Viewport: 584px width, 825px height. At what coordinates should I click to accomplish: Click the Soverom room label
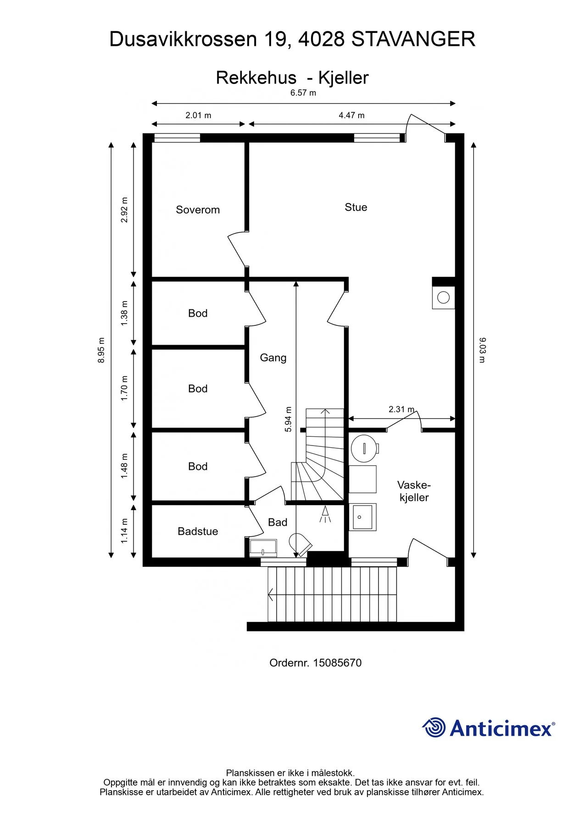click(198, 210)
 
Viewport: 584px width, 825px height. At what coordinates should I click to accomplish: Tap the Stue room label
click(356, 207)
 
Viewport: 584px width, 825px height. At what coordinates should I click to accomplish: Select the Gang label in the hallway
click(273, 358)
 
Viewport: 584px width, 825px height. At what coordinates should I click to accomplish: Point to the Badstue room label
click(198, 531)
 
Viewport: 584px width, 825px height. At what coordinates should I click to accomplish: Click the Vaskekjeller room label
click(414, 491)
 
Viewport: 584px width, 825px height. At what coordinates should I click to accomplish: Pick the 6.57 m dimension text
click(303, 93)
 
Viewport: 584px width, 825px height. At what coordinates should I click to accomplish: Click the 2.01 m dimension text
click(198, 115)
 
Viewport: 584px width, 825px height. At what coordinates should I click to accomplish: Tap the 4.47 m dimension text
click(351, 115)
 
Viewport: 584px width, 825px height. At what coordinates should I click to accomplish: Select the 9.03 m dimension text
click(482, 350)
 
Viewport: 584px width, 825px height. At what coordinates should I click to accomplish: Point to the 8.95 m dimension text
click(101, 350)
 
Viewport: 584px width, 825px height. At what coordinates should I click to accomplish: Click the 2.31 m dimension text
click(401, 409)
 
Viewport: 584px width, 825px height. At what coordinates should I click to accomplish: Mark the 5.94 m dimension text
click(288, 419)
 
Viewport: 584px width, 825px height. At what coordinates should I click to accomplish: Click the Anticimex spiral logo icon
click(434, 727)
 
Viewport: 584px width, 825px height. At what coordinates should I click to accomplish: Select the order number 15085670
click(337, 663)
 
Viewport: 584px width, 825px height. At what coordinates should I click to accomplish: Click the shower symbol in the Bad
click(325, 514)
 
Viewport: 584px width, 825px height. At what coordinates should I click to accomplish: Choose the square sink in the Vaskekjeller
click(362, 517)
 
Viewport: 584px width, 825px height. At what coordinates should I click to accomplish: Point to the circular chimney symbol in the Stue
click(443, 297)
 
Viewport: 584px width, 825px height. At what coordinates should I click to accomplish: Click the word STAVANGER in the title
click(413, 39)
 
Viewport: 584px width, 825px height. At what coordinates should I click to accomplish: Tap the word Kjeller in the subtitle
click(343, 78)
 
